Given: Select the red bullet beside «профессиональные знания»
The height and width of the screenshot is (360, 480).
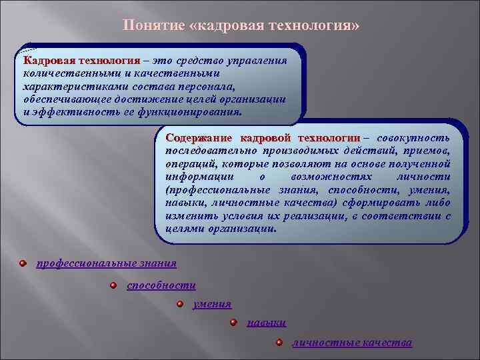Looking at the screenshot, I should (23, 263).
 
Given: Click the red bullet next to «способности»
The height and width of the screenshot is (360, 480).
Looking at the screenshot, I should (113, 285).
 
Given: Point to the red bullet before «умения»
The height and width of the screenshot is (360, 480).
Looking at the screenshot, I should (180, 304).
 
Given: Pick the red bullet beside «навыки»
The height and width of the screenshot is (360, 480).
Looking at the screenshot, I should (233, 323).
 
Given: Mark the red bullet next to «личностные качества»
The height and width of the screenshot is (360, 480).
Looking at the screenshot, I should (279, 343).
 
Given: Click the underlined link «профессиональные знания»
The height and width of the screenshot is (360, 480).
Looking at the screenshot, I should (106, 263).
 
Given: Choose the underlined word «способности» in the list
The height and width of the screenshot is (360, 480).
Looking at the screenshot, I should (161, 285).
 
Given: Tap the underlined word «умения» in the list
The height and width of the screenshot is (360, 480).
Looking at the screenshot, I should (212, 304).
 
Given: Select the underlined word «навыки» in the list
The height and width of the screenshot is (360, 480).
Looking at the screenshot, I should (266, 323).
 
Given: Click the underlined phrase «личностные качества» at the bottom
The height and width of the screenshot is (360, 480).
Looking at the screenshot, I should (352, 343).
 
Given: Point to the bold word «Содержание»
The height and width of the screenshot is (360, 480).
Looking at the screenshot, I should (199, 139).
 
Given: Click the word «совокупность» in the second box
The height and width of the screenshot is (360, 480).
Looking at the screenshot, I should (413, 139).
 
